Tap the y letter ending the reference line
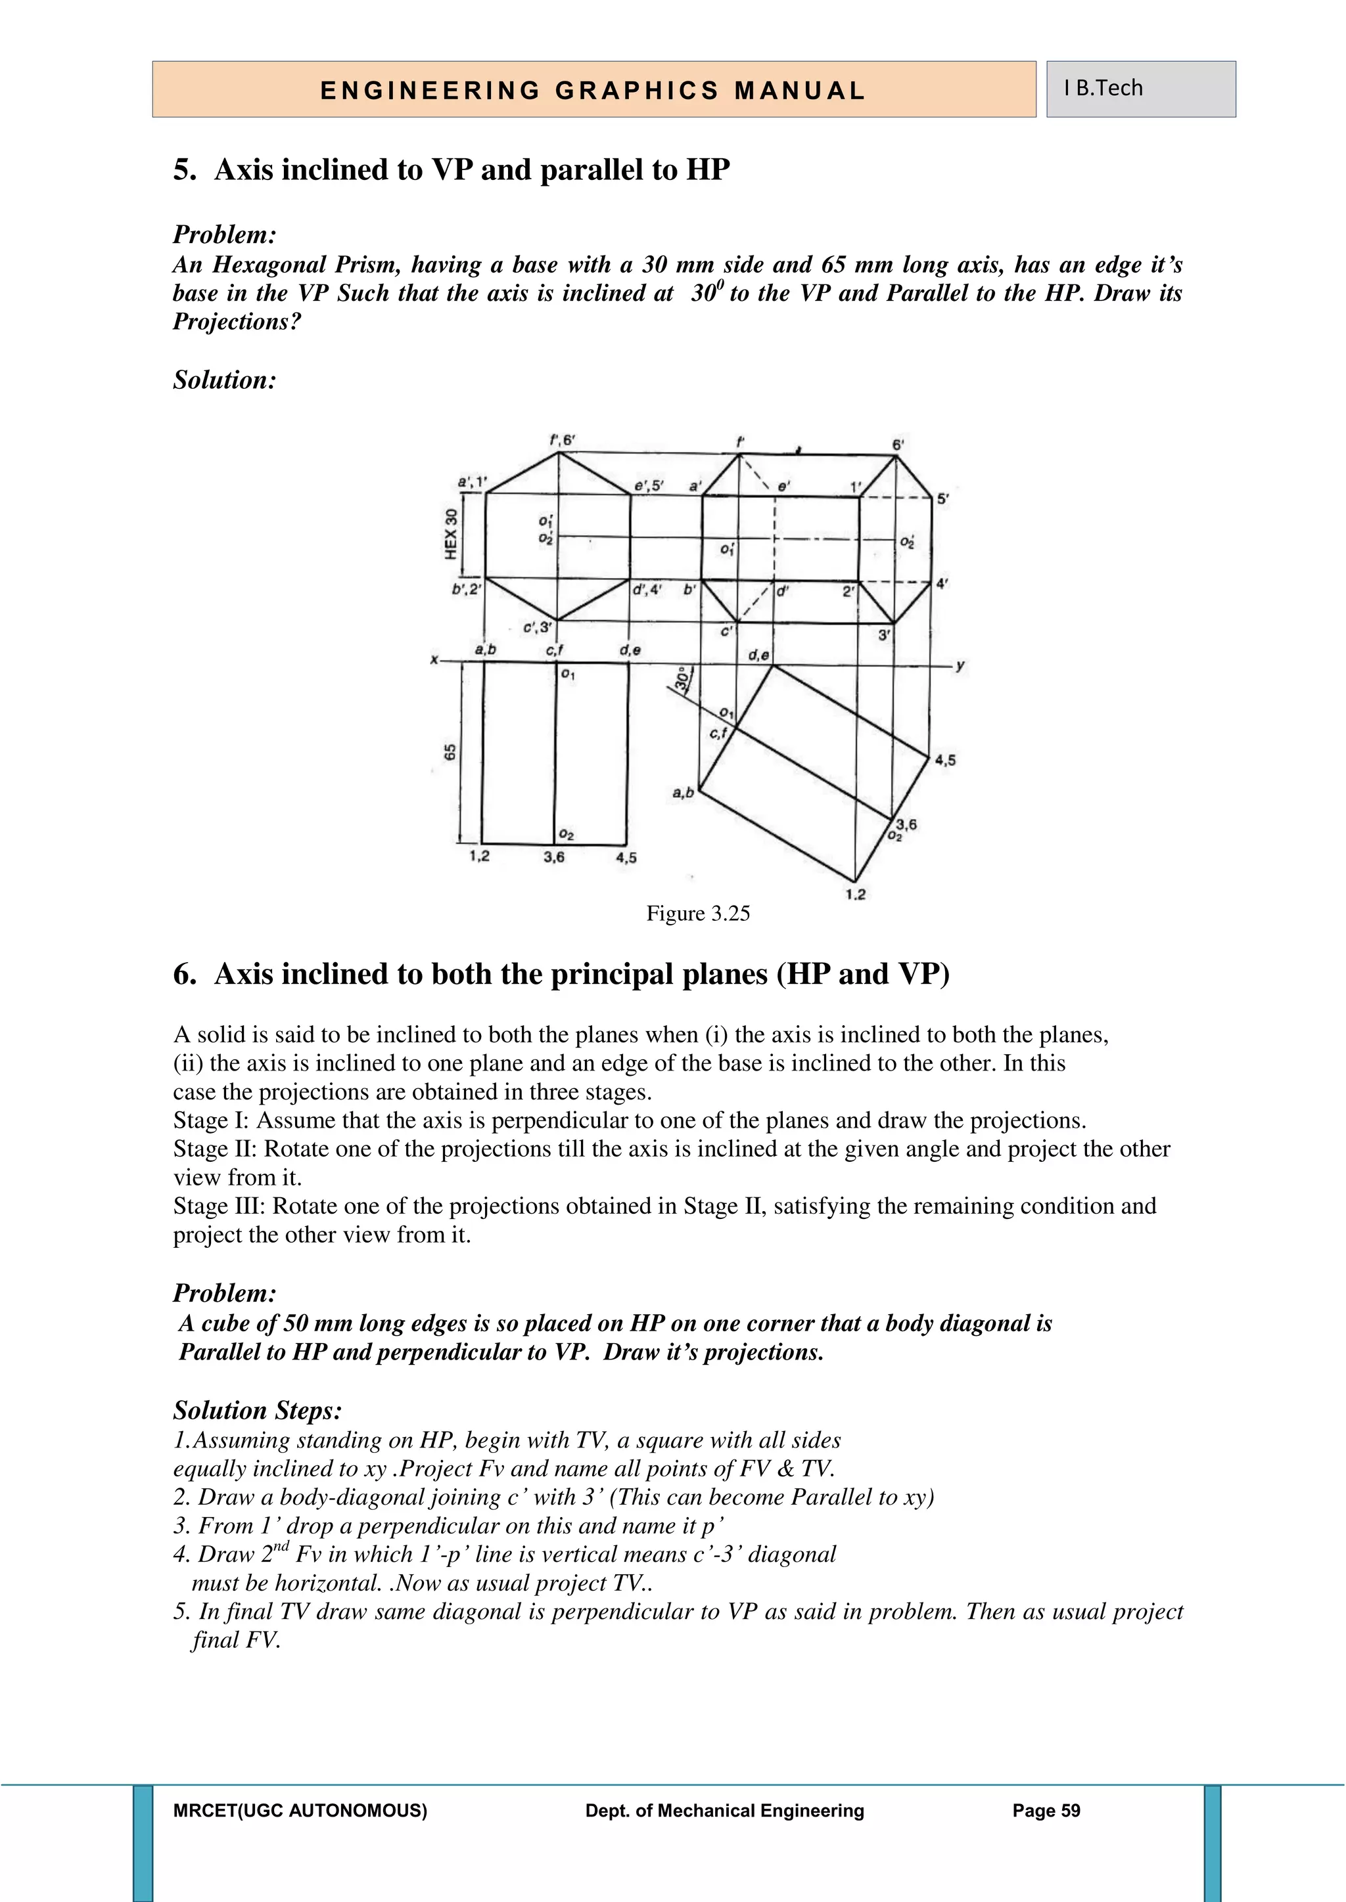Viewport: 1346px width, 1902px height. click(960, 665)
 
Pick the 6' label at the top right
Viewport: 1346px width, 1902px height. click(898, 445)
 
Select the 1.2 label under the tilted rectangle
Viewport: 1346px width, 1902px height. click(855, 895)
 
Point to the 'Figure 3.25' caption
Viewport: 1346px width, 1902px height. click(698, 914)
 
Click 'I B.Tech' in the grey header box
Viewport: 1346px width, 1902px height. click(1103, 88)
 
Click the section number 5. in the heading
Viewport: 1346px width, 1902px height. click(185, 170)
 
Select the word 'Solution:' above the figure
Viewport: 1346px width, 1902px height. click(223, 380)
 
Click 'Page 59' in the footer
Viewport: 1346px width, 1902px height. click(1046, 1811)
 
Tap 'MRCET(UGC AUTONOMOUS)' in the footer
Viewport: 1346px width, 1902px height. click(300, 1811)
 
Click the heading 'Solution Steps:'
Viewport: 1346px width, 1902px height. click(257, 1410)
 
